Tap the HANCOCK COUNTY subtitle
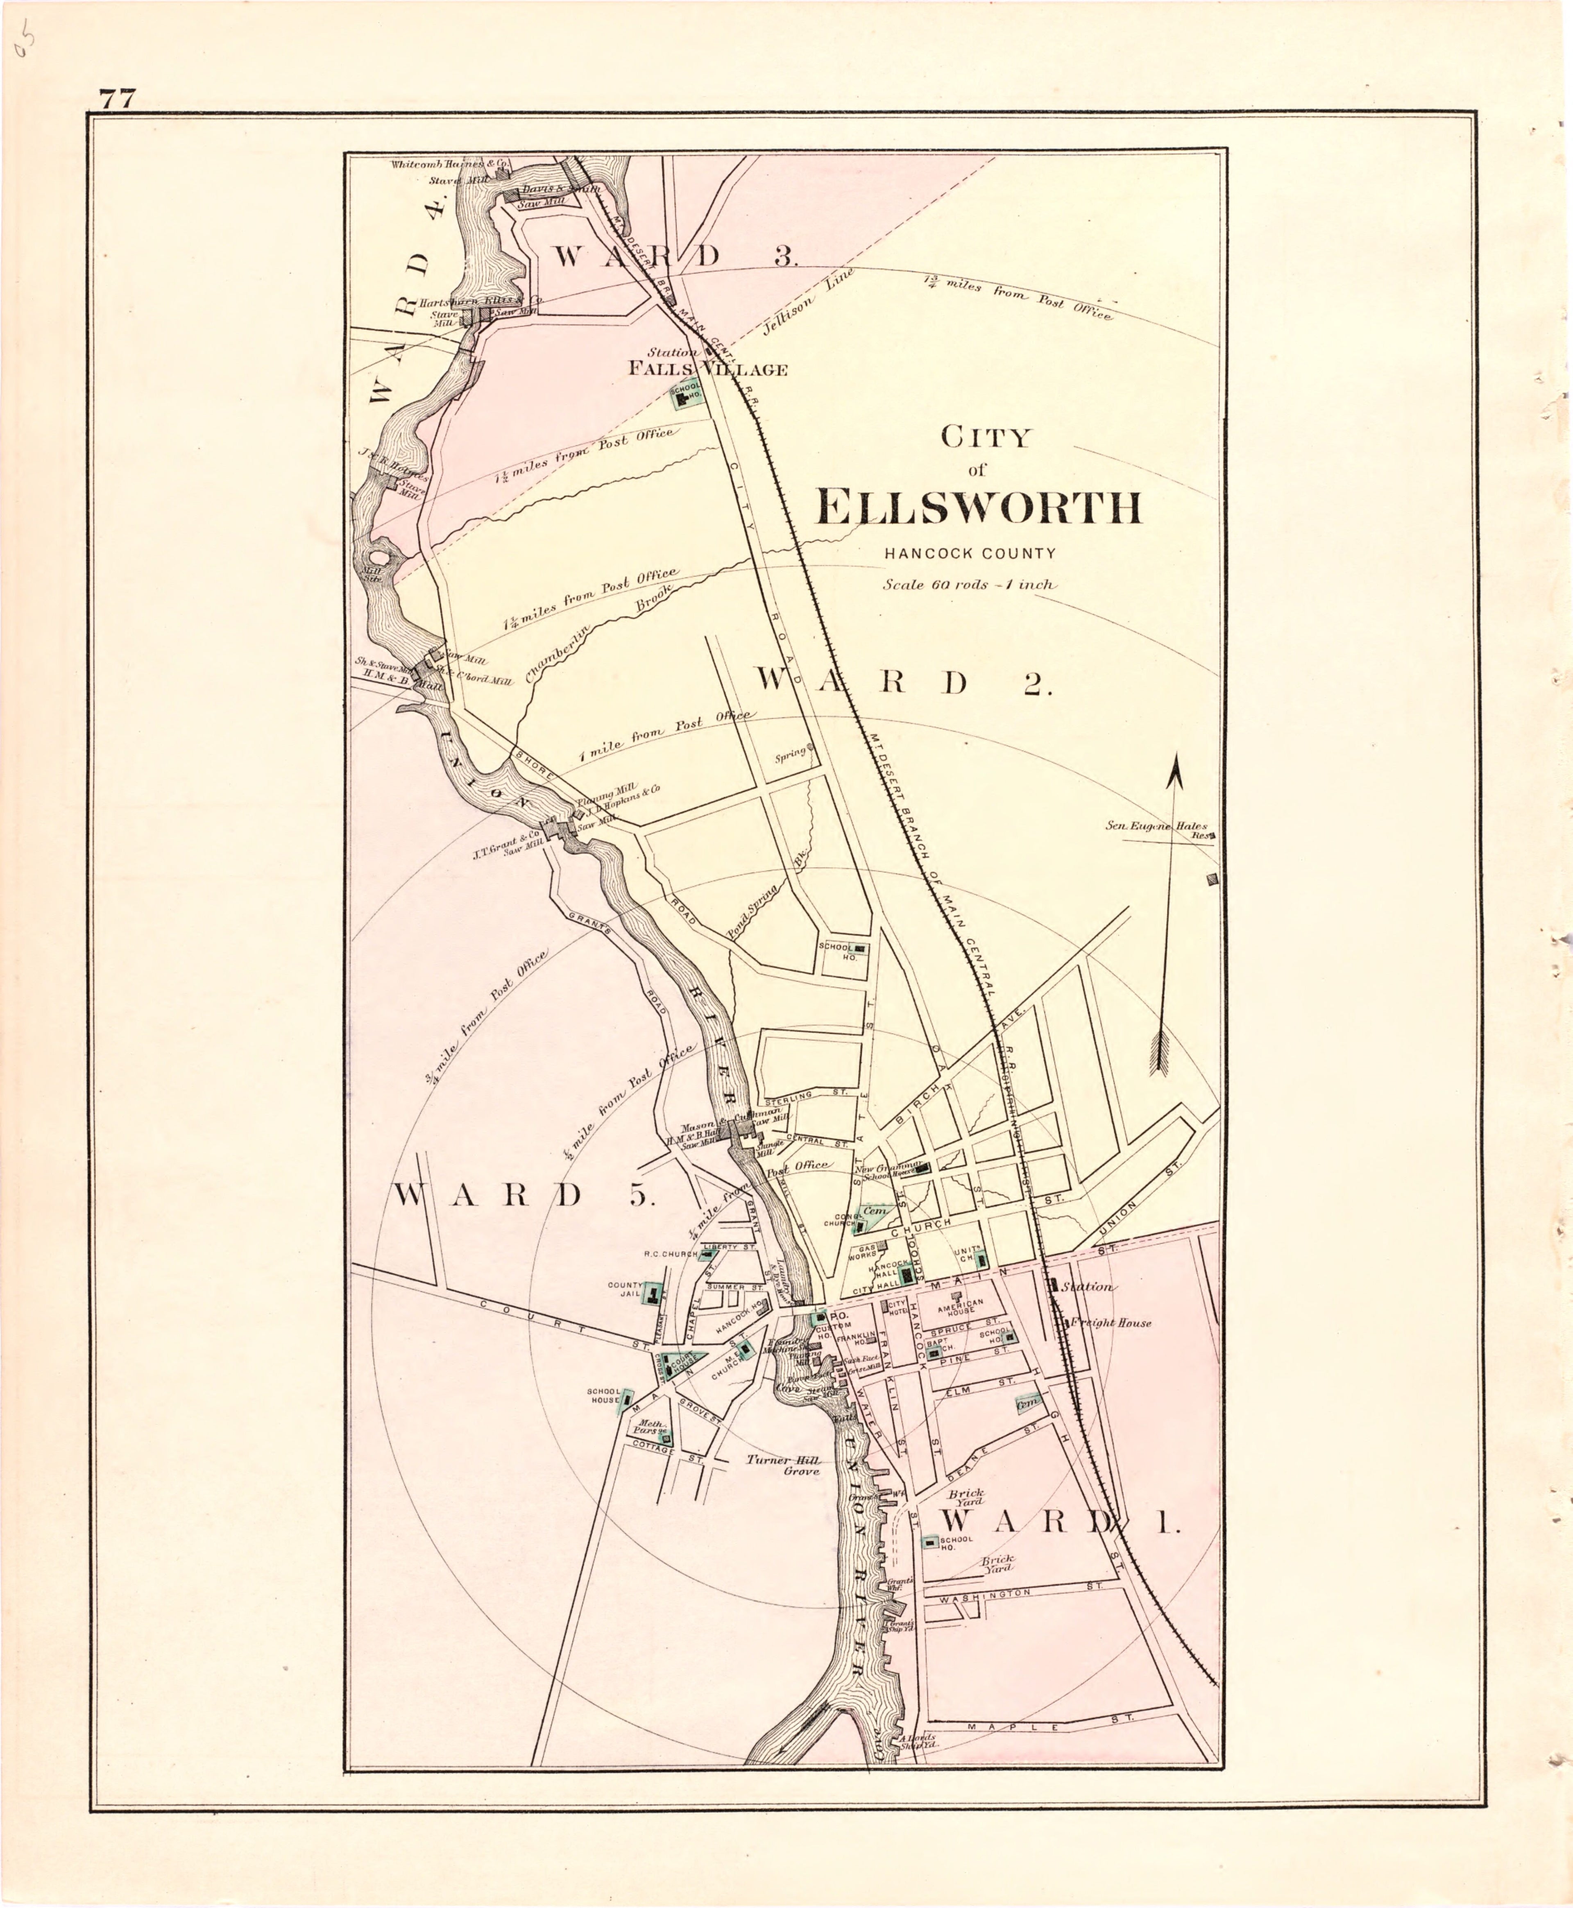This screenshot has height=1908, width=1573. coord(970,553)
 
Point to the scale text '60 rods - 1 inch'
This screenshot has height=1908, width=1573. coord(970,585)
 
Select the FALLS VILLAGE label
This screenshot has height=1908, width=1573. coord(709,369)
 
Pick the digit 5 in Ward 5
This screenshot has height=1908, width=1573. coord(641,1196)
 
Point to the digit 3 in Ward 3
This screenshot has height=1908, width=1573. coord(785,256)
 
